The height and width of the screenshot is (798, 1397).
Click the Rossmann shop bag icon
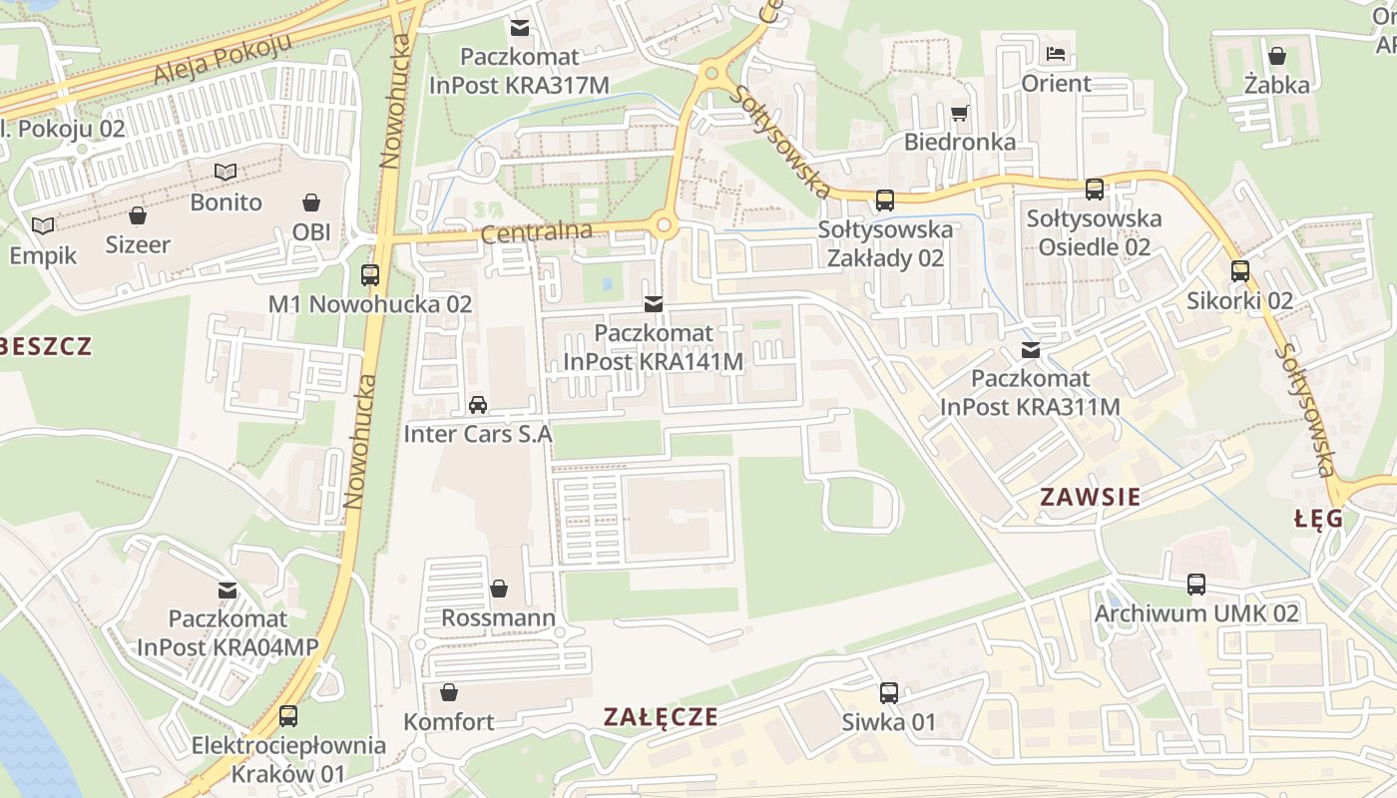pyautogui.click(x=498, y=589)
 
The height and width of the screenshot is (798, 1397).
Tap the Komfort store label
pyautogui.click(x=448, y=721)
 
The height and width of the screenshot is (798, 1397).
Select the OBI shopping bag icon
pyautogui.click(x=311, y=202)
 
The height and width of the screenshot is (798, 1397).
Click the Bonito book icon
pyautogui.click(x=227, y=173)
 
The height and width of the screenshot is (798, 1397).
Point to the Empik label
pyautogui.click(x=43, y=255)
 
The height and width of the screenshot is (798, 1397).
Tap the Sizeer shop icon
pyautogui.click(x=138, y=215)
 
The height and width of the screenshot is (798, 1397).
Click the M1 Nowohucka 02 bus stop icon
pyautogui.click(x=370, y=274)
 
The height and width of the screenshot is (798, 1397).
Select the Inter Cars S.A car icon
pyautogui.click(x=478, y=405)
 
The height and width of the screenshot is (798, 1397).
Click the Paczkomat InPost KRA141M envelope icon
pyautogui.click(x=654, y=303)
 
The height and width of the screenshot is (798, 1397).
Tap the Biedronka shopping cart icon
pyautogui.click(x=960, y=113)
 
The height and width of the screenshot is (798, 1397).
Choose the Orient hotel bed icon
pyautogui.click(x=1056, y=53)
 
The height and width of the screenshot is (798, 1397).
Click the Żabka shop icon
pyautogui.click(x=1276, y=56)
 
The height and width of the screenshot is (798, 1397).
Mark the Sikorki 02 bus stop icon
pyautogui.click(x=1239, y=270)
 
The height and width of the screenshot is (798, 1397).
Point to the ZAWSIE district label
pyautogui.click(x=1090, y=497)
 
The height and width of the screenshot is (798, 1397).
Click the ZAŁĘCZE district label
pyautogui.click(x=661, y=716)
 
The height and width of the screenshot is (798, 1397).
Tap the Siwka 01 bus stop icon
pyautogui.click(x=888, y=692)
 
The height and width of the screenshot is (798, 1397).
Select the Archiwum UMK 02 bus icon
pyautogui.click(x=1196, y=585)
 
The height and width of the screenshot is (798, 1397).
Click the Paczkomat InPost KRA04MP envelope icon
pyautogui.click(x=228, y=590)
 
